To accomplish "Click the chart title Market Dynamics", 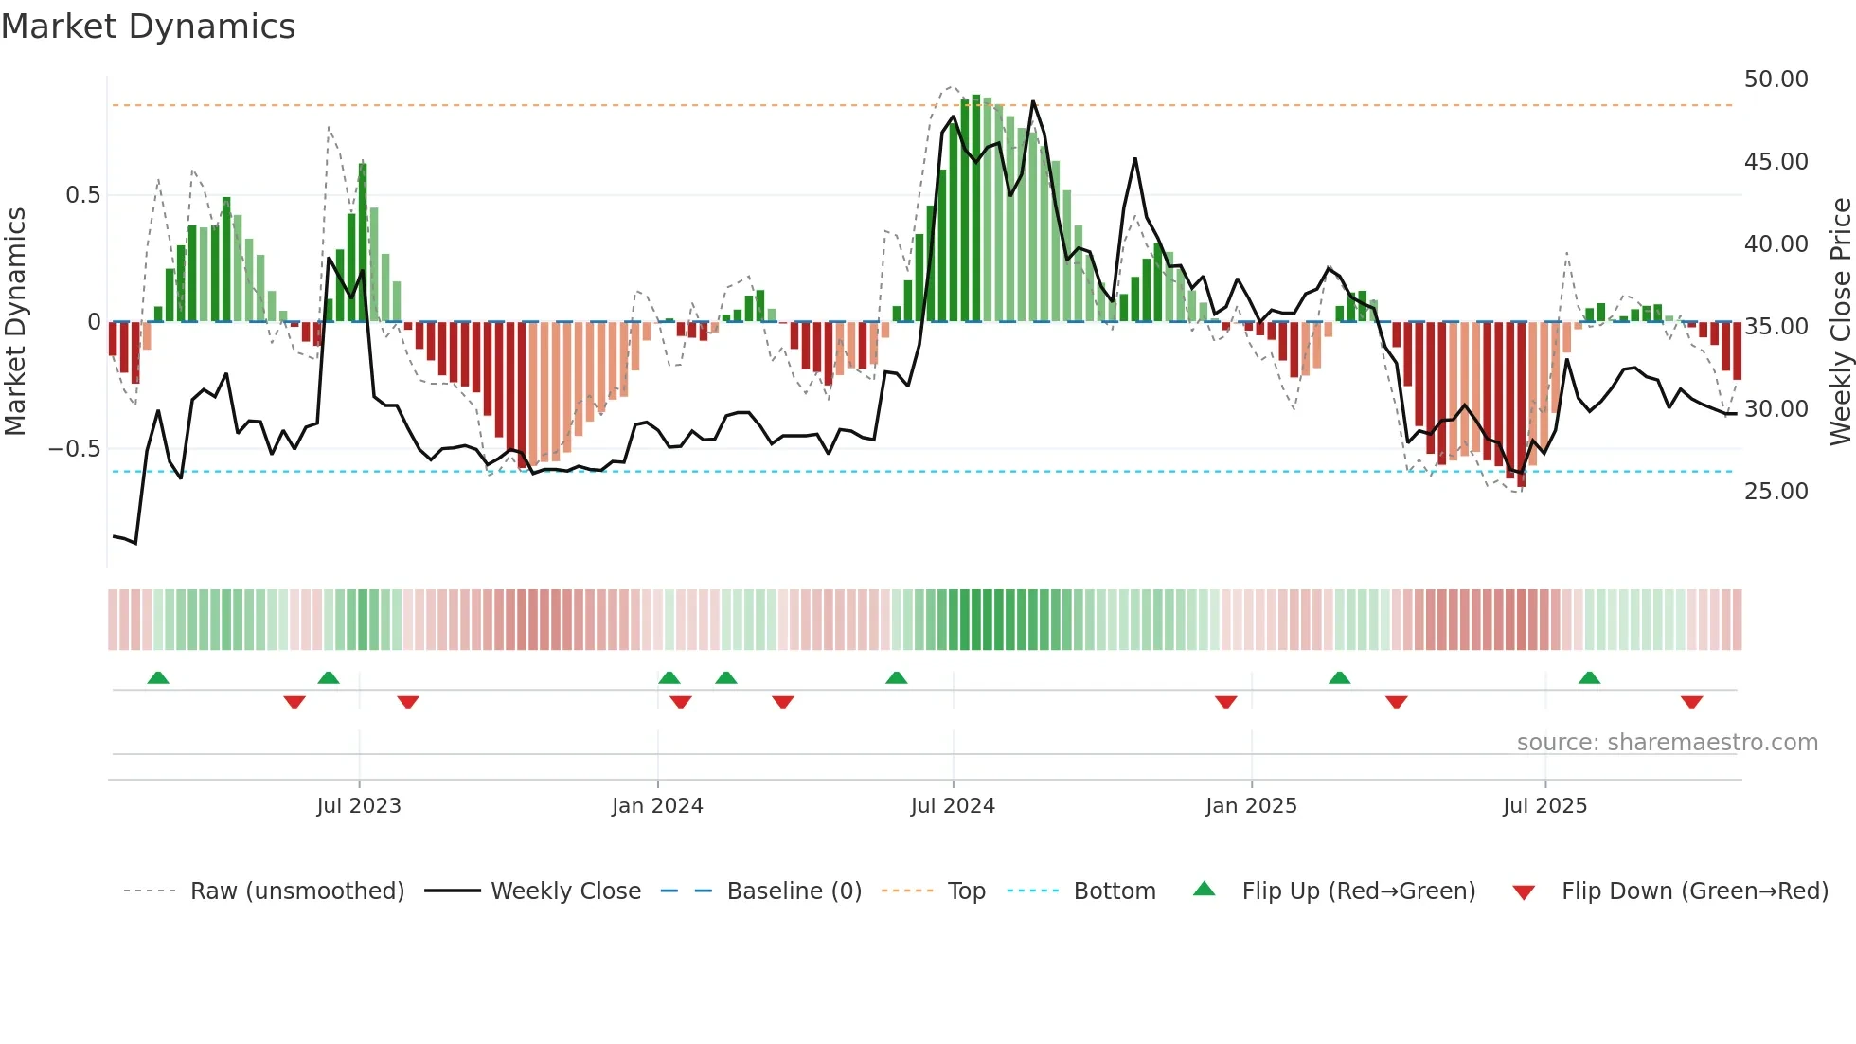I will coord(148,27).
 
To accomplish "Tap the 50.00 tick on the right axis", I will coord(1776,80).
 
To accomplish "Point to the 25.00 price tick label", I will coord(1776,492).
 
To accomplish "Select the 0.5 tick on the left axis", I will coord(82,195).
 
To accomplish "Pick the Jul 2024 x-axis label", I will coord(953,806).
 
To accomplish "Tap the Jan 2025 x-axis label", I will coord(1251,806).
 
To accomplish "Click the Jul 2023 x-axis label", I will coord(359,806).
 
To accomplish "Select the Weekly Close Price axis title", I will coord(1840,321).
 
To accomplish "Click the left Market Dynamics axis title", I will coord(15,321).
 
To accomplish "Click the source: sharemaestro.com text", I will coord(1667,743).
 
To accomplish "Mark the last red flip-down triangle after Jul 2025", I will coord(1691,702).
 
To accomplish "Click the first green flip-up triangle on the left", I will coord(158,677).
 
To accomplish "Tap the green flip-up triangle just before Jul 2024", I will coord(896,677).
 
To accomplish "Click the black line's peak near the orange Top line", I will coord(1032,102).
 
